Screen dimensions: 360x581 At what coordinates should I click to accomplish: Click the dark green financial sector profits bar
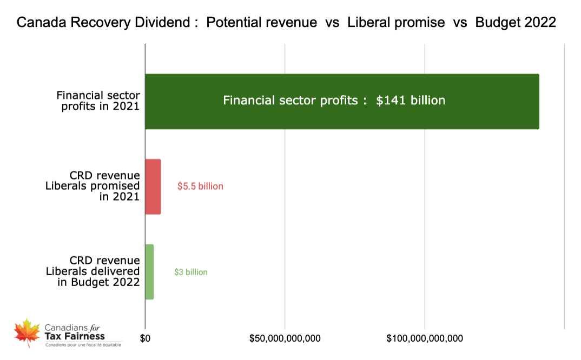342,102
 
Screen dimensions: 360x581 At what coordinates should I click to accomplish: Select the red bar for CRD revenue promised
153,186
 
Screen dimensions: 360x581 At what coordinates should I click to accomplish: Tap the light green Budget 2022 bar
149,272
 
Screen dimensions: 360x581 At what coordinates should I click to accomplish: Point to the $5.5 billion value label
200,186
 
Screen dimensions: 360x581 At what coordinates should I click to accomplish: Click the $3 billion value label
190,272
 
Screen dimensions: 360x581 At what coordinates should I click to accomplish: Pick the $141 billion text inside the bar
411,101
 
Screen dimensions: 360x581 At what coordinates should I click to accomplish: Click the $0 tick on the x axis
145,338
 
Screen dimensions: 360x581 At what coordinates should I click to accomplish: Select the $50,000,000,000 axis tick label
285,338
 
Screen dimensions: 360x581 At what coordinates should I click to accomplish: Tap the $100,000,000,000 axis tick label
425,338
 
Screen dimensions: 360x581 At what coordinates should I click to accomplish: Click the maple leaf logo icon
27,332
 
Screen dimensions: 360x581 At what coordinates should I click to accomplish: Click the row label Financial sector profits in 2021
98,101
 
